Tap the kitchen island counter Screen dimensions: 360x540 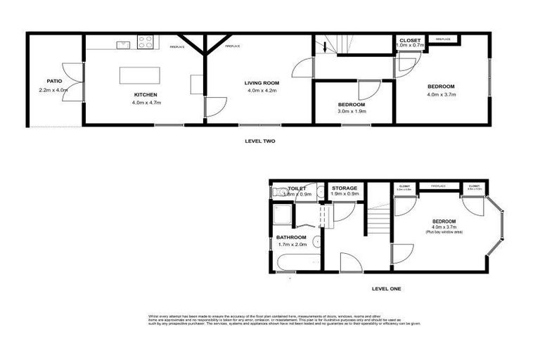(138, 75)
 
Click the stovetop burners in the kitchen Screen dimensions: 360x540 (146, 42)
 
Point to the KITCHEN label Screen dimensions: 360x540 (146, 94)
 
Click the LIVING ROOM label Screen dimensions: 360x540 (261, 83)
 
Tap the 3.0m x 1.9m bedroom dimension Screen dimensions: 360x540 (352, 111)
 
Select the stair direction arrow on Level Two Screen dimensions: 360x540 (326, 48)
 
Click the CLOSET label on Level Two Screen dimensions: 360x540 (410, 40)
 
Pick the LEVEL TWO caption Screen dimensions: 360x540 (259, 141)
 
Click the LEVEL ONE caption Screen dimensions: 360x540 (386, 288)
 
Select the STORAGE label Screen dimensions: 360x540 (345, 188)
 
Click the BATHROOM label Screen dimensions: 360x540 (290, 238)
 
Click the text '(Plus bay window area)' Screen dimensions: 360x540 (442, 231)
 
